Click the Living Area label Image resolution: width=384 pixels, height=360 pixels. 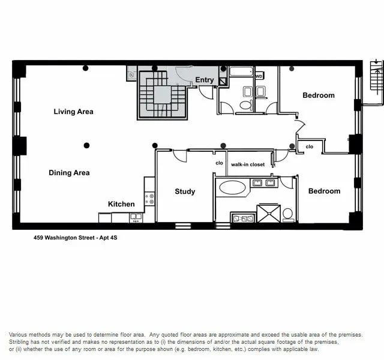[x=73, y=112]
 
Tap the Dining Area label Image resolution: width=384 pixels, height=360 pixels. [x=69, y=173]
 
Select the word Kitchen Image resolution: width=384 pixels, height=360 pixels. [x=121, y=204]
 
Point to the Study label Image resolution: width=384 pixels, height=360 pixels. [x=185, y=191]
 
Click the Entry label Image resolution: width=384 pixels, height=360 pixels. [x=205, y=80]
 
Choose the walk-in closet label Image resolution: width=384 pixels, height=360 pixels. [x=248, y=164]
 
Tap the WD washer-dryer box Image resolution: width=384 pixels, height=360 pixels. [x=259, y=77]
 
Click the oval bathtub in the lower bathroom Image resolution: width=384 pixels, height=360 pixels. [x=232, y=187]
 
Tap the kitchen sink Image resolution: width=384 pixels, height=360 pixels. [x=135, y=218]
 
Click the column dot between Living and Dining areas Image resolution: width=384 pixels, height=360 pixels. [x=87, y=145]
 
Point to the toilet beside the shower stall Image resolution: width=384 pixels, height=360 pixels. [x=287, y=213]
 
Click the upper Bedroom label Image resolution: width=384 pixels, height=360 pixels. [x=318, y=95]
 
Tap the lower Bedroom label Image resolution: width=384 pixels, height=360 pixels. [x=324, y=191]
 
